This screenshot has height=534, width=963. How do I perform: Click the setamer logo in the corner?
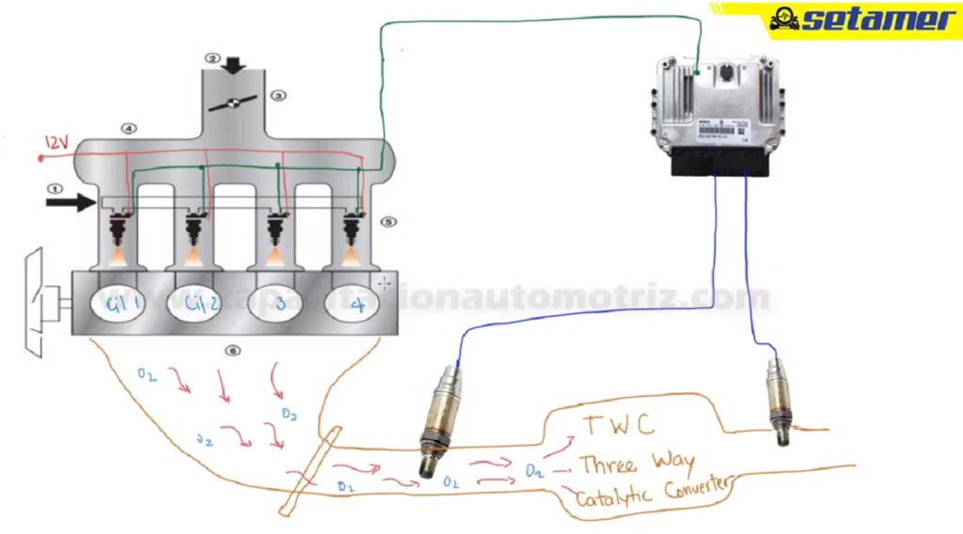pyautogui.click(x=861, y=19)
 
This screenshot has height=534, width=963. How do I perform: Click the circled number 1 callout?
pyautogui.click(x=55, y=187)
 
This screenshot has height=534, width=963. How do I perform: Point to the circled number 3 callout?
pyautogui.click(x=276, y=95)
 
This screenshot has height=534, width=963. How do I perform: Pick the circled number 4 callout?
pyautogui.click(x=129, y=128)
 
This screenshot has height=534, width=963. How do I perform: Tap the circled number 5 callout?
pyautogui.click(x=389, y=223)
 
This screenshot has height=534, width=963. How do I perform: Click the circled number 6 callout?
pyautogui.click(x=232, y=351)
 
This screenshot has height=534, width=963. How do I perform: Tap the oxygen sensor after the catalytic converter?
pyautogui.click(x=779, y=400)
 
